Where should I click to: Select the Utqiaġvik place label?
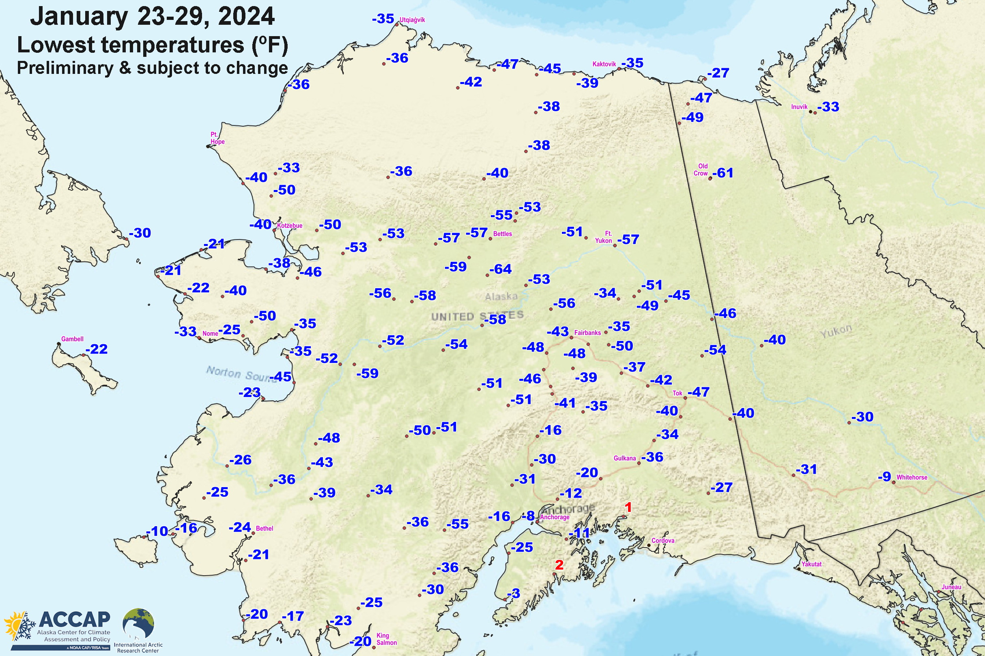(x=412, y=20)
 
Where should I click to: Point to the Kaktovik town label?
(x=604, y=64)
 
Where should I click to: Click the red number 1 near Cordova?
(x=628, y=507)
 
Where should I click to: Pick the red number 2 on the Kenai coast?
(x=559, y=565)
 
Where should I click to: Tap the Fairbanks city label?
(x=587, y=332)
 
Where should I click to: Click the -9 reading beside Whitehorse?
(x=884, y=477)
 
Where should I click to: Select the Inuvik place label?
(x=799, y=107)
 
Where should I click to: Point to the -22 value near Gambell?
(x=97, y=349)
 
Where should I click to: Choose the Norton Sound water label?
(x=241, y=373)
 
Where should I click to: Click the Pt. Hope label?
(x=217, y=138)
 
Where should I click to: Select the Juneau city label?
(x=951, y=587)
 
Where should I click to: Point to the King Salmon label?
(x=386, y=639)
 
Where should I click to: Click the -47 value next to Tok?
(x=698, y=392)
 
